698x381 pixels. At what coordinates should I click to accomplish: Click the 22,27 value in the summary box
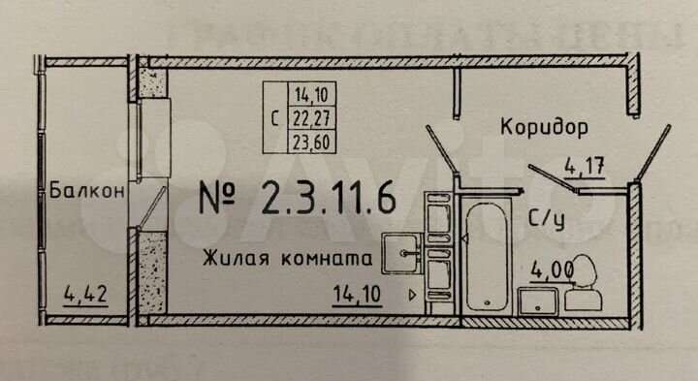[311, 117]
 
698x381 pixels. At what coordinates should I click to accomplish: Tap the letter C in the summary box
[278, 118]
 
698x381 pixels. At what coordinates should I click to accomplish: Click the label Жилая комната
[288, 259]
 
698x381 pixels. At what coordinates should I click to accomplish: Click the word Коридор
[544, 127]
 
